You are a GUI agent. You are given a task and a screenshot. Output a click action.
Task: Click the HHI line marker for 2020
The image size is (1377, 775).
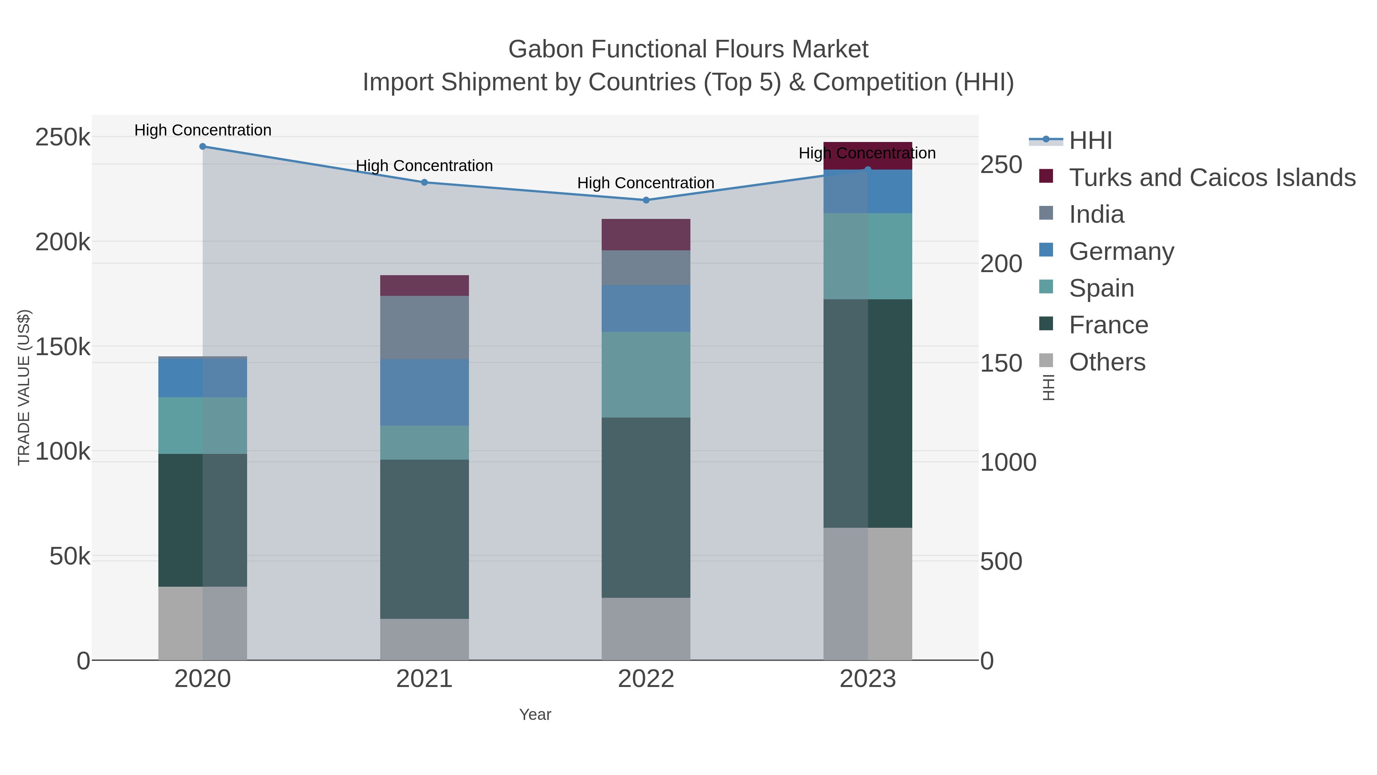[203, 147]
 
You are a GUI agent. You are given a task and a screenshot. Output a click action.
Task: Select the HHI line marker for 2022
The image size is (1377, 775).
[646, 200]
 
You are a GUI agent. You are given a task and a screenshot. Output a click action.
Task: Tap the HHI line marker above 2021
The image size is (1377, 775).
[425, 183]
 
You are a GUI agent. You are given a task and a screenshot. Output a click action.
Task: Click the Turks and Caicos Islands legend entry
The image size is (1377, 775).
[1212, 178]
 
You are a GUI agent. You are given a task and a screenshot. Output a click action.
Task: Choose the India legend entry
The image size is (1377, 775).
[1096, 214]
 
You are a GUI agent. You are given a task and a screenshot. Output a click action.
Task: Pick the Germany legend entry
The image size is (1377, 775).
[1121, 251]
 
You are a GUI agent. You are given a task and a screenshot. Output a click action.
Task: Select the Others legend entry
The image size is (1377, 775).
[1107, 362]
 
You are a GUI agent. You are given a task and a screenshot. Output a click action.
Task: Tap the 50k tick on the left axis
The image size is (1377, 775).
[70, 557]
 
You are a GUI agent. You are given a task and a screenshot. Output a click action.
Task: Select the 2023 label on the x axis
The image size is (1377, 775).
[867, 679]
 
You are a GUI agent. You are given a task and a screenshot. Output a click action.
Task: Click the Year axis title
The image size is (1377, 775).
[535, 715]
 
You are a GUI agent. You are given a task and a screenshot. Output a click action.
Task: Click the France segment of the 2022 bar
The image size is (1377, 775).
[646, 507]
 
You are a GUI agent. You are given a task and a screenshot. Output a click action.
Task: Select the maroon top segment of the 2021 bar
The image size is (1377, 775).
[425, 286]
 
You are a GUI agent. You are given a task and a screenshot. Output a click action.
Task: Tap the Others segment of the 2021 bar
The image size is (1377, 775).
[425, 639]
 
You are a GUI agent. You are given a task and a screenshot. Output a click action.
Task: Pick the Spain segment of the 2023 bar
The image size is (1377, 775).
[867, 256]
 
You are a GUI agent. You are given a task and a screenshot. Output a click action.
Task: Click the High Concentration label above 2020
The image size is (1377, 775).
[203, 130]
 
